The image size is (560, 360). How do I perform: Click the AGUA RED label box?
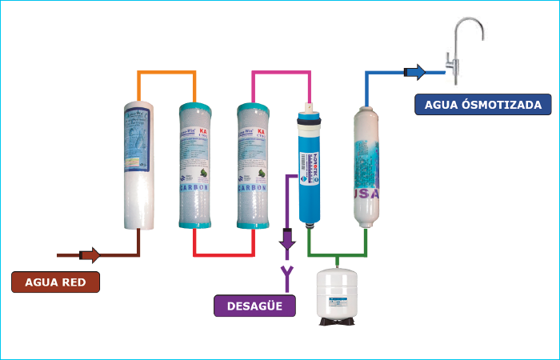pos(56,282)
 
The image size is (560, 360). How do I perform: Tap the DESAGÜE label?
pos(253,306)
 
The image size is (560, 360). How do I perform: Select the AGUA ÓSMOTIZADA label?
pos(483,104)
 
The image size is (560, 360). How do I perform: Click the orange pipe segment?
pos(166,74)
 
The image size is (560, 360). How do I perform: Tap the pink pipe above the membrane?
pos(281,74)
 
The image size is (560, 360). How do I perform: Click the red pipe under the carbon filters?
pos(223,254)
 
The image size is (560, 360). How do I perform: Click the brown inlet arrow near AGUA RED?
pos(90,255)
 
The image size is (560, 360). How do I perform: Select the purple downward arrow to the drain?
pos(287,238)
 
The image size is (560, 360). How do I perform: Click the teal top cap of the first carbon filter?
pos(194,108)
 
